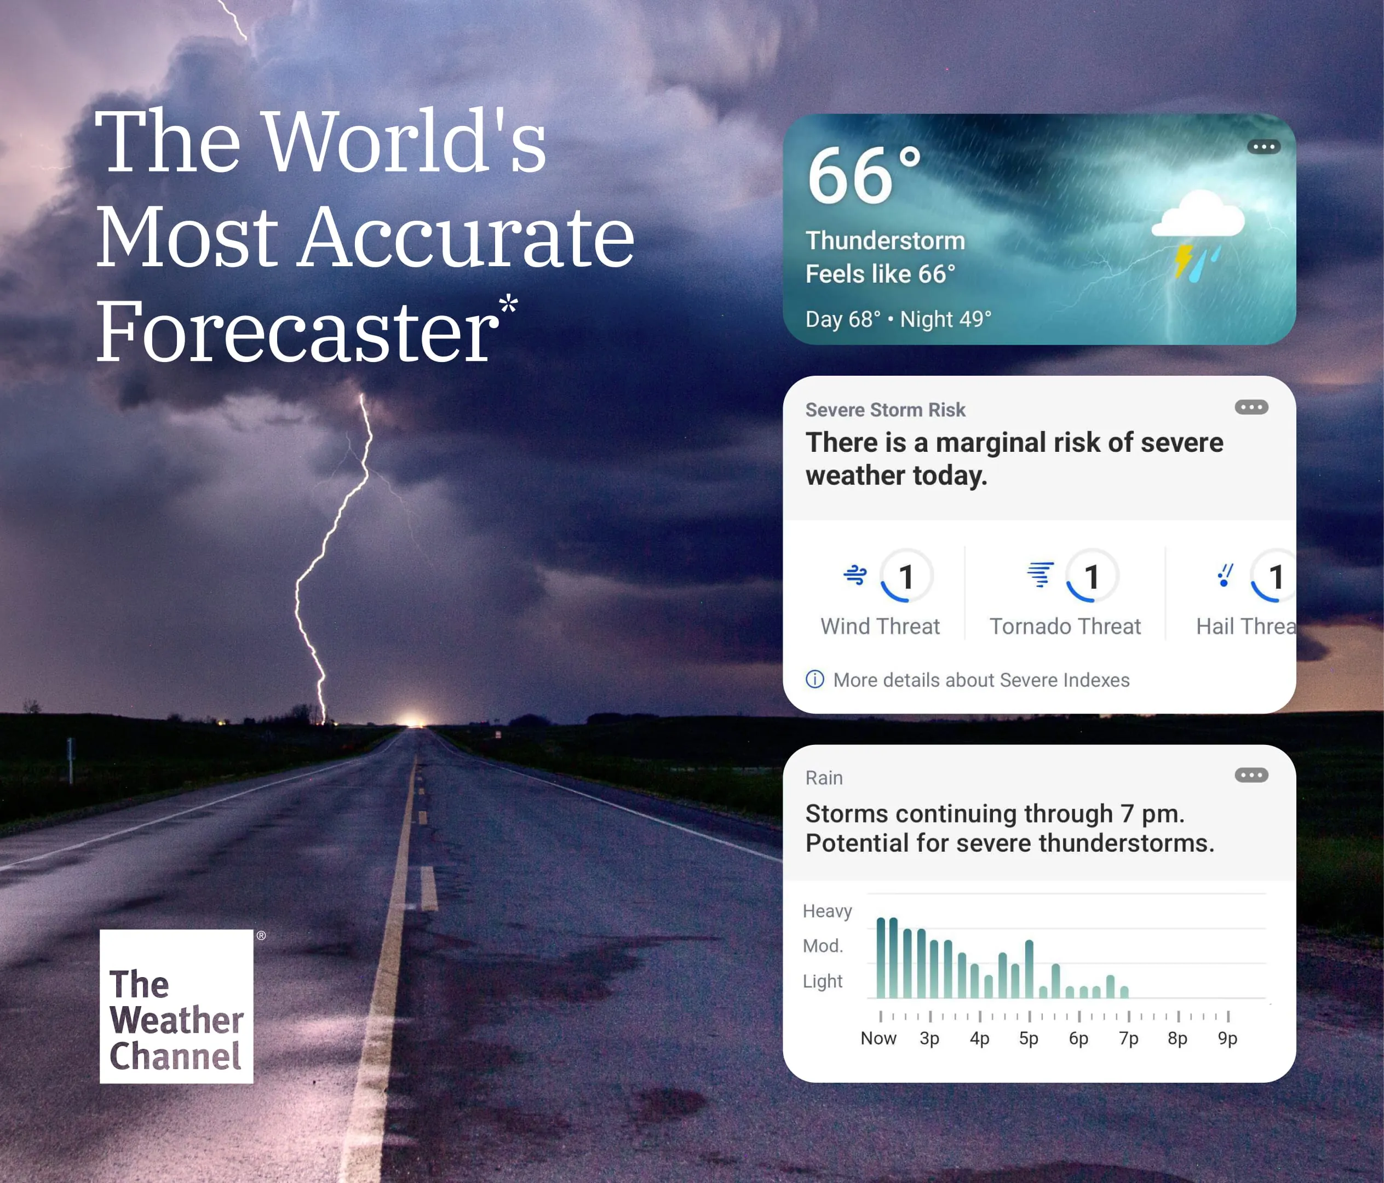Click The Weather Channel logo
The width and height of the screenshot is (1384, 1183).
point(176,1006)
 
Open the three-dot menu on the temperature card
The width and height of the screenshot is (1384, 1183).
point(1263,146)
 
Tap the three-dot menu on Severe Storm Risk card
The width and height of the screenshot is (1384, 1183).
point(1251,407)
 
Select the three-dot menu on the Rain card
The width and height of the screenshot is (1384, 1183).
point(1251,775)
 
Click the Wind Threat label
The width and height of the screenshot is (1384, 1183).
point(880,626)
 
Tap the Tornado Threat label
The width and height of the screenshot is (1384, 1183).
point(1065,626)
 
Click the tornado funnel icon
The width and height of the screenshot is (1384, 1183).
point(1040,575)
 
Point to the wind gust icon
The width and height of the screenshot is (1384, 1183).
point(855,575)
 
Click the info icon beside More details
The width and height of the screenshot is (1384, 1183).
point(814,679)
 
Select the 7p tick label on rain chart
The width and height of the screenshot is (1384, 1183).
point(1128,1038)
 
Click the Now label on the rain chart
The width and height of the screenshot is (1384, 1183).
point(878,1038)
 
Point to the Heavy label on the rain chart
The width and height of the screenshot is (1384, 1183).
point(827,911)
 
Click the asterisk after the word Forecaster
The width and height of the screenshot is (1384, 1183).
point(508,305)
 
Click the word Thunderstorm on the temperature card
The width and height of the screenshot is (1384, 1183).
point(885,240)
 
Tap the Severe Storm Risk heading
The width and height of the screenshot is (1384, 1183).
point(885,410)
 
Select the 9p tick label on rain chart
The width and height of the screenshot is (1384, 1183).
point(1227,1038)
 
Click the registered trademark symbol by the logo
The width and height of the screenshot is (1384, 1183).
point(261,935)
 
